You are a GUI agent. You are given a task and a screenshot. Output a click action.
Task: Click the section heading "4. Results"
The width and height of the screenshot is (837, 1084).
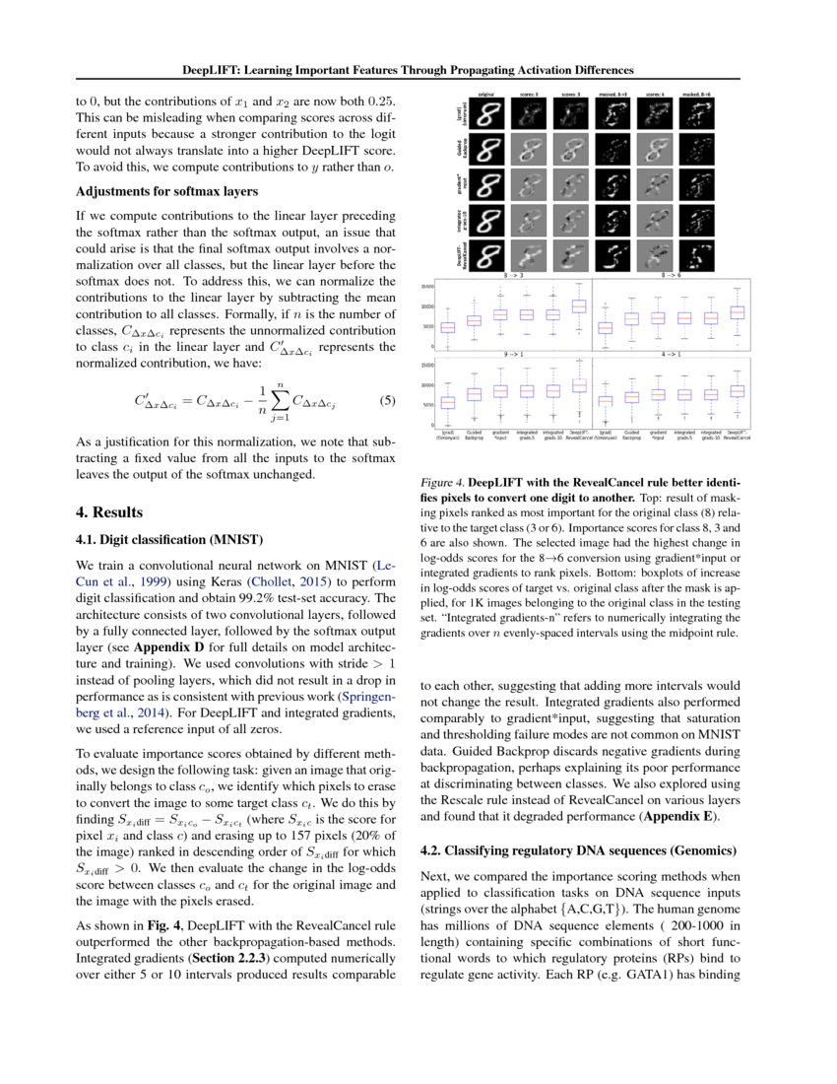pos(109,513)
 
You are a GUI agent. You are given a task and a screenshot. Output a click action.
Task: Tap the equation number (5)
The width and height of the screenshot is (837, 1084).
pos(387,401)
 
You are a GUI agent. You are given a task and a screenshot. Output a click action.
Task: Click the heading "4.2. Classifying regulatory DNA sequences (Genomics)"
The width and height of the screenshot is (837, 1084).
pos(579,849)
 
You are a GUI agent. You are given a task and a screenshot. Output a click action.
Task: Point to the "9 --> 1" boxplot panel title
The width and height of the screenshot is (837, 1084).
pos(512,353)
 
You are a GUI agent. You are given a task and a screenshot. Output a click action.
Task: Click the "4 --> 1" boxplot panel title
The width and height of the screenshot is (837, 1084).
pos(672,353)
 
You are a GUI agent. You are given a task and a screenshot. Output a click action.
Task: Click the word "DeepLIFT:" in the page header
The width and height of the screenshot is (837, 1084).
pos(219,70)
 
